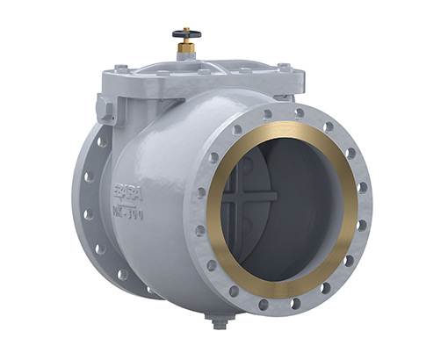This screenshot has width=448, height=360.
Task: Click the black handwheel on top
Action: click(186, 34)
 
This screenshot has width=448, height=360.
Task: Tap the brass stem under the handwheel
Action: click(186, 45)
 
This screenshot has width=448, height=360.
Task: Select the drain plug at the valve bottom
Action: click(220, 320)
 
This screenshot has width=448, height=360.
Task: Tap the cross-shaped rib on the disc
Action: click(249, 198)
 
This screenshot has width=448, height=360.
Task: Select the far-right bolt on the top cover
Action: click(284, 67)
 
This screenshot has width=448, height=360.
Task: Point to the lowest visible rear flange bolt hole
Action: click(122, 275)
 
